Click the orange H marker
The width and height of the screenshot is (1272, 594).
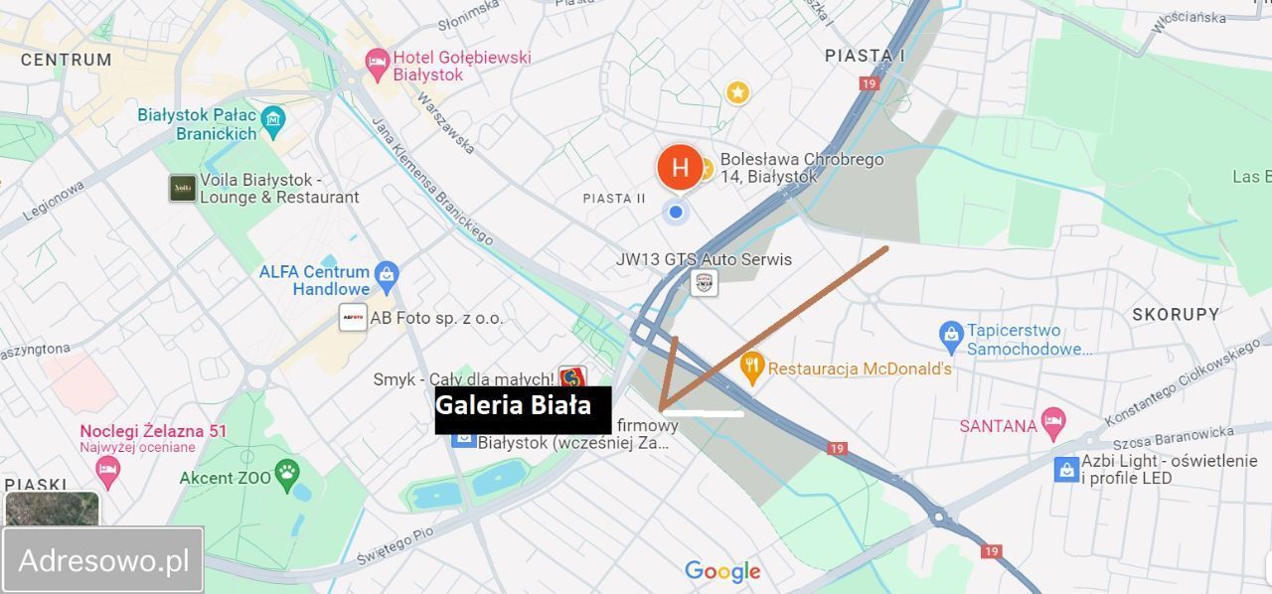(x=680, y=167)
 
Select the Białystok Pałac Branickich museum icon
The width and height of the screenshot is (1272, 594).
(x=272, y=122)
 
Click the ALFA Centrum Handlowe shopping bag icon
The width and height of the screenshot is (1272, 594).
(x=386, y=273)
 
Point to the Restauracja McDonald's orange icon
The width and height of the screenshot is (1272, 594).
(x=752, y=368)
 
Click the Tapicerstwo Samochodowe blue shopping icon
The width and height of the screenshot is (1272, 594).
(x=951, y=332)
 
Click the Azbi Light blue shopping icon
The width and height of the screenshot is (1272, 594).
(x=1066, y=469)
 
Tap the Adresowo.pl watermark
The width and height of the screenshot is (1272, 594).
(x=103, y=560)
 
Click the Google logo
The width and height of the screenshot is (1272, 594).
(x=722, y=571)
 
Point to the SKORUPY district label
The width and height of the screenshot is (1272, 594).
(x=1176, y=315)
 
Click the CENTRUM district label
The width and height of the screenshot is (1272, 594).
(x=67, y=60)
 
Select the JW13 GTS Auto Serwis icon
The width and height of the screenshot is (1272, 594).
(x=704, y=282)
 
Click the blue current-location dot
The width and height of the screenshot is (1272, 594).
(x=676, y=211)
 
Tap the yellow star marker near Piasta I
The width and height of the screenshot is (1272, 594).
(x=737, y=92)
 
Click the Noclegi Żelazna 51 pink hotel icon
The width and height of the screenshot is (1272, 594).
(x=108, y=468)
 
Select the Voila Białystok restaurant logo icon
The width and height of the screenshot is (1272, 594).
(x=182, y=188)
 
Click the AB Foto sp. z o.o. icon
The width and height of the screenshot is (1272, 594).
(x=353, y=319)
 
